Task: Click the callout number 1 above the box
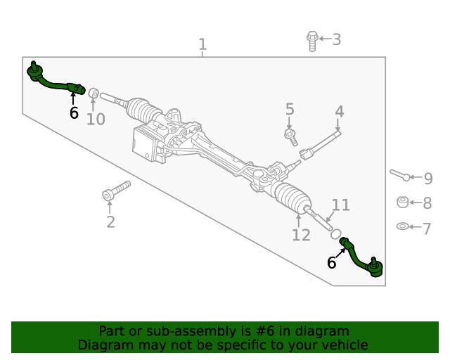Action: click(202, 45)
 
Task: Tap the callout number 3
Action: click(336, 39)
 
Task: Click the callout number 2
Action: click(110, 222)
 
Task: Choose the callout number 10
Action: click(96, 119)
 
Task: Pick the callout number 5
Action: click(290, 109)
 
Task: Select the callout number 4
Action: click(340, 111)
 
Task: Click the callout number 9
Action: click(427, 179)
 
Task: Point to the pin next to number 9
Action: click(398, 174)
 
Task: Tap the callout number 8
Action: click(427, 203)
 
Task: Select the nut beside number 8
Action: click(403, 202)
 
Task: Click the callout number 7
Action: click(427, 227)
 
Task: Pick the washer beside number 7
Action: click(403, 226)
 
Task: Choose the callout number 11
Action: click(340, 205)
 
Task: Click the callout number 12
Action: click(301, 235)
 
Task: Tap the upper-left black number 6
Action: click(74, 113)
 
